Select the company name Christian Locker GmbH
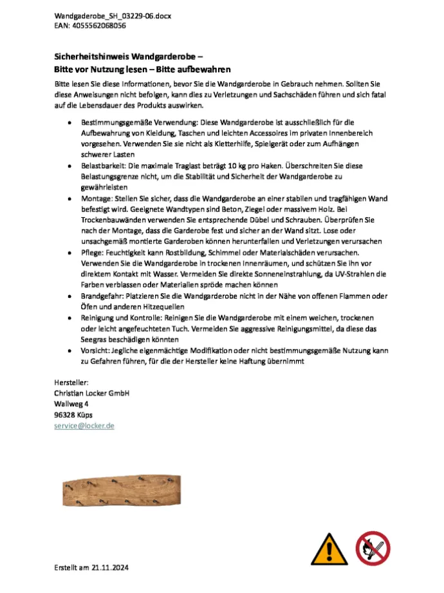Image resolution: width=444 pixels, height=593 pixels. pyautogui.click(x=92, y=393)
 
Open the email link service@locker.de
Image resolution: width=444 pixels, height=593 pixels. pyautogui.click(x=84, y=426)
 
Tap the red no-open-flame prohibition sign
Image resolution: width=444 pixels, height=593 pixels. pyautogui.click(x=373, y=548)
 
